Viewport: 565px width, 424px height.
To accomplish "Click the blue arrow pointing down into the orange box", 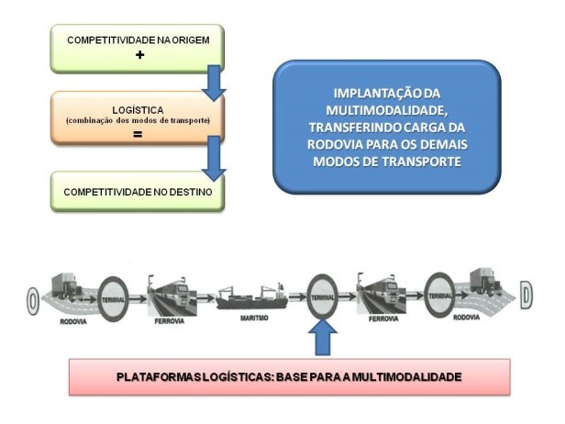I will [214, 82].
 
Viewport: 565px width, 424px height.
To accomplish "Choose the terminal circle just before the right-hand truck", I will [439, 295].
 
